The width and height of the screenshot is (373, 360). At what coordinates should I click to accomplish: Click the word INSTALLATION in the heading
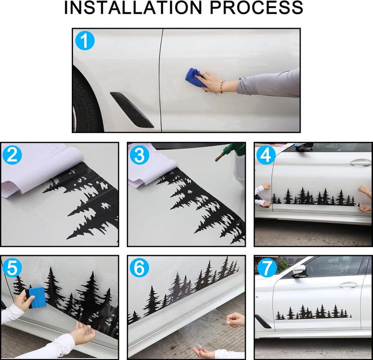click(133, 8)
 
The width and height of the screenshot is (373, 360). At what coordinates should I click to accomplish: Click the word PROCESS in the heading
click(256, 8)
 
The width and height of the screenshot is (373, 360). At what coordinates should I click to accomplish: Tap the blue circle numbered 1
click(85, 41)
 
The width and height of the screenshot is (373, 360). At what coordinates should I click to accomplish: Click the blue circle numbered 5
click(12, 268)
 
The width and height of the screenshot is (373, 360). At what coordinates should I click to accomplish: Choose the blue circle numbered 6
click(140, 268)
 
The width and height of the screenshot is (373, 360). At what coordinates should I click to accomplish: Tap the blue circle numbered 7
click(267, 268)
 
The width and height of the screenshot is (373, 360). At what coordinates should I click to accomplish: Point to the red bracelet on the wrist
click(222, 87)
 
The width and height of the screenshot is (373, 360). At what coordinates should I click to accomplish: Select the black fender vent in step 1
click(132, 110)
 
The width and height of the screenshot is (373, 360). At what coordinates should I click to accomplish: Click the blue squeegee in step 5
click(36, 298)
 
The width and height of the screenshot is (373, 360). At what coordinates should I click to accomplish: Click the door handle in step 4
click(360, 162)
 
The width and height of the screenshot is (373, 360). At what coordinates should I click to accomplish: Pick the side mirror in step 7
click(300, 271)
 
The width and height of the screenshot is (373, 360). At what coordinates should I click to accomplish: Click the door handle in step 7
click(348, 285)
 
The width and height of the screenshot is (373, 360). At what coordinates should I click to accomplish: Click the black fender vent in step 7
click(263, 321)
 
